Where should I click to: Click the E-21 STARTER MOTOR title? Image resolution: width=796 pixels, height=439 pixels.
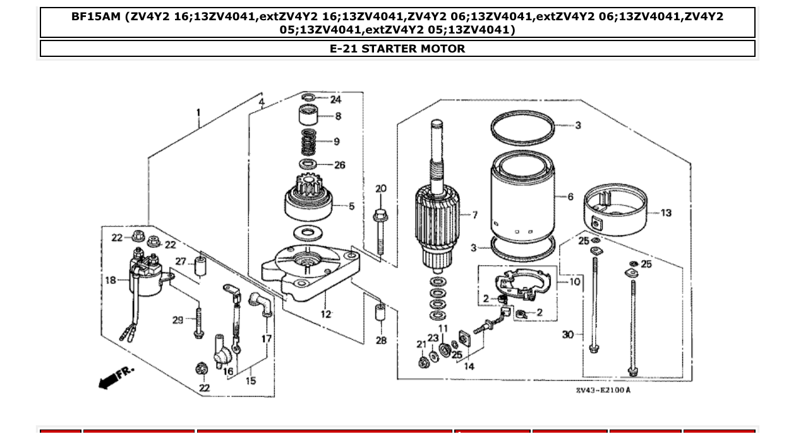click(397, 49)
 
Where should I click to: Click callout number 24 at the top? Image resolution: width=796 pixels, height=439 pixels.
click(335, 100)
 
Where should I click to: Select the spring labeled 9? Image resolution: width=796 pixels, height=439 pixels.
click(308, 142)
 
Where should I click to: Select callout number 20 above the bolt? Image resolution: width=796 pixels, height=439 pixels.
click(381, 189)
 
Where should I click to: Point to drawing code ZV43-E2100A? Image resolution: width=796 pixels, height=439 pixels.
click(603, 390)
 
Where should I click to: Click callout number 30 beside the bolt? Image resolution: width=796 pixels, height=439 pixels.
click(568, 333)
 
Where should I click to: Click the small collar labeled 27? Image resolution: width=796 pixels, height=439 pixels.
click(200, 267)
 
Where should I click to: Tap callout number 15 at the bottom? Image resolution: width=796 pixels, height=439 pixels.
click(251, 381)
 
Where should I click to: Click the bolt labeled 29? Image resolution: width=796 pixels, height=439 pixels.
click(198, 322)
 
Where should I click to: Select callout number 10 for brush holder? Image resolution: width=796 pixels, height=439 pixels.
click(574, 281)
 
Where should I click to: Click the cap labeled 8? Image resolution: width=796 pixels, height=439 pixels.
click(308, 116)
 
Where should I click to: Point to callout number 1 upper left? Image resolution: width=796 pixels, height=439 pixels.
click(198, 113)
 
